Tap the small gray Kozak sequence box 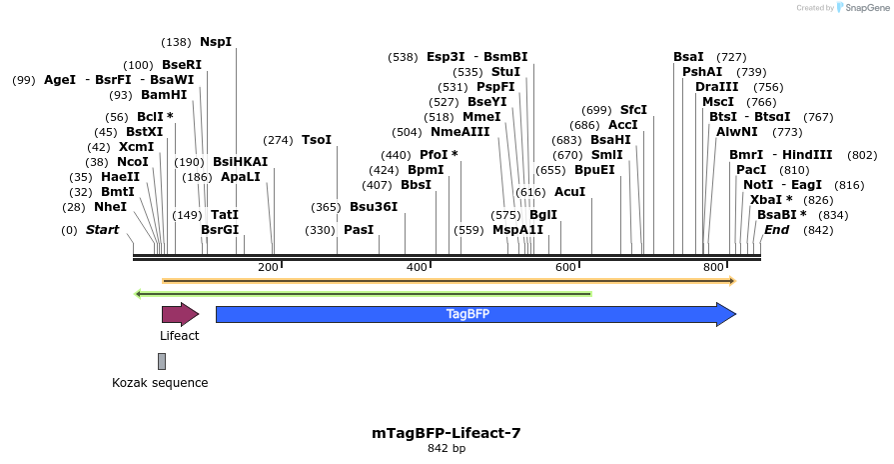161,361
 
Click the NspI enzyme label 216,42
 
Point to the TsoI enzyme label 317,140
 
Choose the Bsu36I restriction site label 374,207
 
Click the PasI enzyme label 359,230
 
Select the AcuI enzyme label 570,192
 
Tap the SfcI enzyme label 634,110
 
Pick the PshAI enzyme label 702,72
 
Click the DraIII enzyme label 716,87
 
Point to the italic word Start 102,230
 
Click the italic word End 777,230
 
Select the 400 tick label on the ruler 417,267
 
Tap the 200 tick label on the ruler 268,267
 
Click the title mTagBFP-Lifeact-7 447,433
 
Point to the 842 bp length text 447,449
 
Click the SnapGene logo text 864,8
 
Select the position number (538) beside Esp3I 404,57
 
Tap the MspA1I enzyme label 518,230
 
